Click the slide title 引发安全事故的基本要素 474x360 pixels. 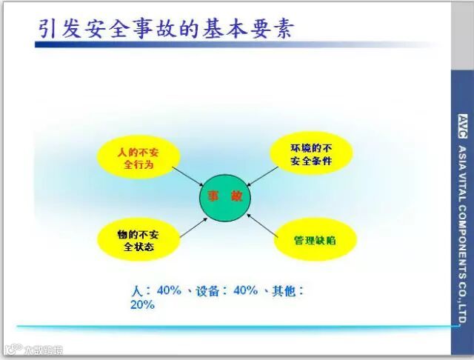(x=166, y=30)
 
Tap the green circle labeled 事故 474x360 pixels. (x=225, y=198)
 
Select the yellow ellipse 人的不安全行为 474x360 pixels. (x=138, y=158)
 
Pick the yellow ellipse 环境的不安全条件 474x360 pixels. (x=311, y=153)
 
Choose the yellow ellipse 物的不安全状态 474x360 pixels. (x=138, y=240)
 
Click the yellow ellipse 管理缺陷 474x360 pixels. (x=316, y=240)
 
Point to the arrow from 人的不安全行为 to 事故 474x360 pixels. (x=188, y=176)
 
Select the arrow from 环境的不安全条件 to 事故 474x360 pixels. (x=262, y=176)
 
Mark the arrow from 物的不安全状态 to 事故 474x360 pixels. (x=194, y=227)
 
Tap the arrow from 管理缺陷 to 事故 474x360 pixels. (x=262, y=225)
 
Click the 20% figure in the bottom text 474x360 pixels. (x=142, y=304)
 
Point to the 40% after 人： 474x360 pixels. (x=169, y=290)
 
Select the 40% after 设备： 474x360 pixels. (x=245, y=290)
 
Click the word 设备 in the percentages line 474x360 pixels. (x=207, y=291)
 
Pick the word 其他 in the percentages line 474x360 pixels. (x=284, y=291)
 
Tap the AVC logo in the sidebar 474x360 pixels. (x=462, y=127)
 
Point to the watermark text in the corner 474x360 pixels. (x=35, y=350)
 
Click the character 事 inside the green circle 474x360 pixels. (x=213, y=196)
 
